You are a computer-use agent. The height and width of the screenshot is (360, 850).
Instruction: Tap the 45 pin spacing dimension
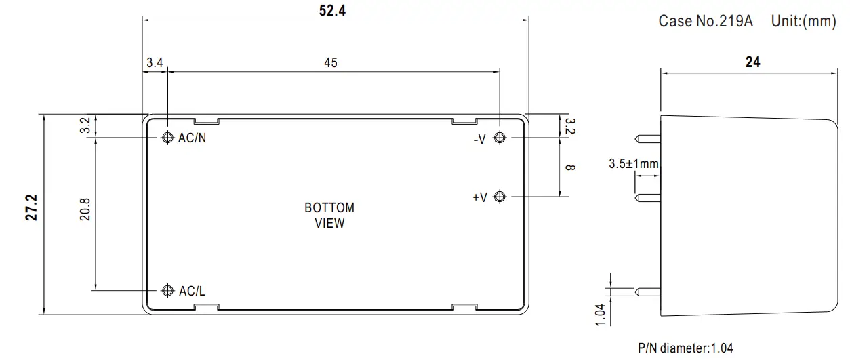331,62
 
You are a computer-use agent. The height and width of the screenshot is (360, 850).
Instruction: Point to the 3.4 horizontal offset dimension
155,62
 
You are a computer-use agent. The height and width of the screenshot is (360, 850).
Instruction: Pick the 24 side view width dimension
752,62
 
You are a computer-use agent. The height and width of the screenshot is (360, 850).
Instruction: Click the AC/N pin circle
167,138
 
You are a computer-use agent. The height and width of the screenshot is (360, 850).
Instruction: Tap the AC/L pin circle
167,291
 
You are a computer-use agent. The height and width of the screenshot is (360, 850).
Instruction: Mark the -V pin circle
500,138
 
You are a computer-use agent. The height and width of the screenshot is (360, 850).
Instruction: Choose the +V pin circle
500,197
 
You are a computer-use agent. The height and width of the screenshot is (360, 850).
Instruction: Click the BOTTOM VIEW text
329,216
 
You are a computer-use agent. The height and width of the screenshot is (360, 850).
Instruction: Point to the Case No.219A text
706,21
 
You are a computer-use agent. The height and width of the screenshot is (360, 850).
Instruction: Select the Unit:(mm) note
804,21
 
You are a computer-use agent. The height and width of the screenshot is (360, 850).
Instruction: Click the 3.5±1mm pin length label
634,163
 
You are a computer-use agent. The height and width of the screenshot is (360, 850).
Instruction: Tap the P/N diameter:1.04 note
685,348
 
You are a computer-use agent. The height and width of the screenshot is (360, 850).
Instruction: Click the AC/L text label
192,291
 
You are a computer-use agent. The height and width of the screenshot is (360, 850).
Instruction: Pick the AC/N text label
192,138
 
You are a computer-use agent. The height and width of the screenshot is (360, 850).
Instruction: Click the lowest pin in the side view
648,292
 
